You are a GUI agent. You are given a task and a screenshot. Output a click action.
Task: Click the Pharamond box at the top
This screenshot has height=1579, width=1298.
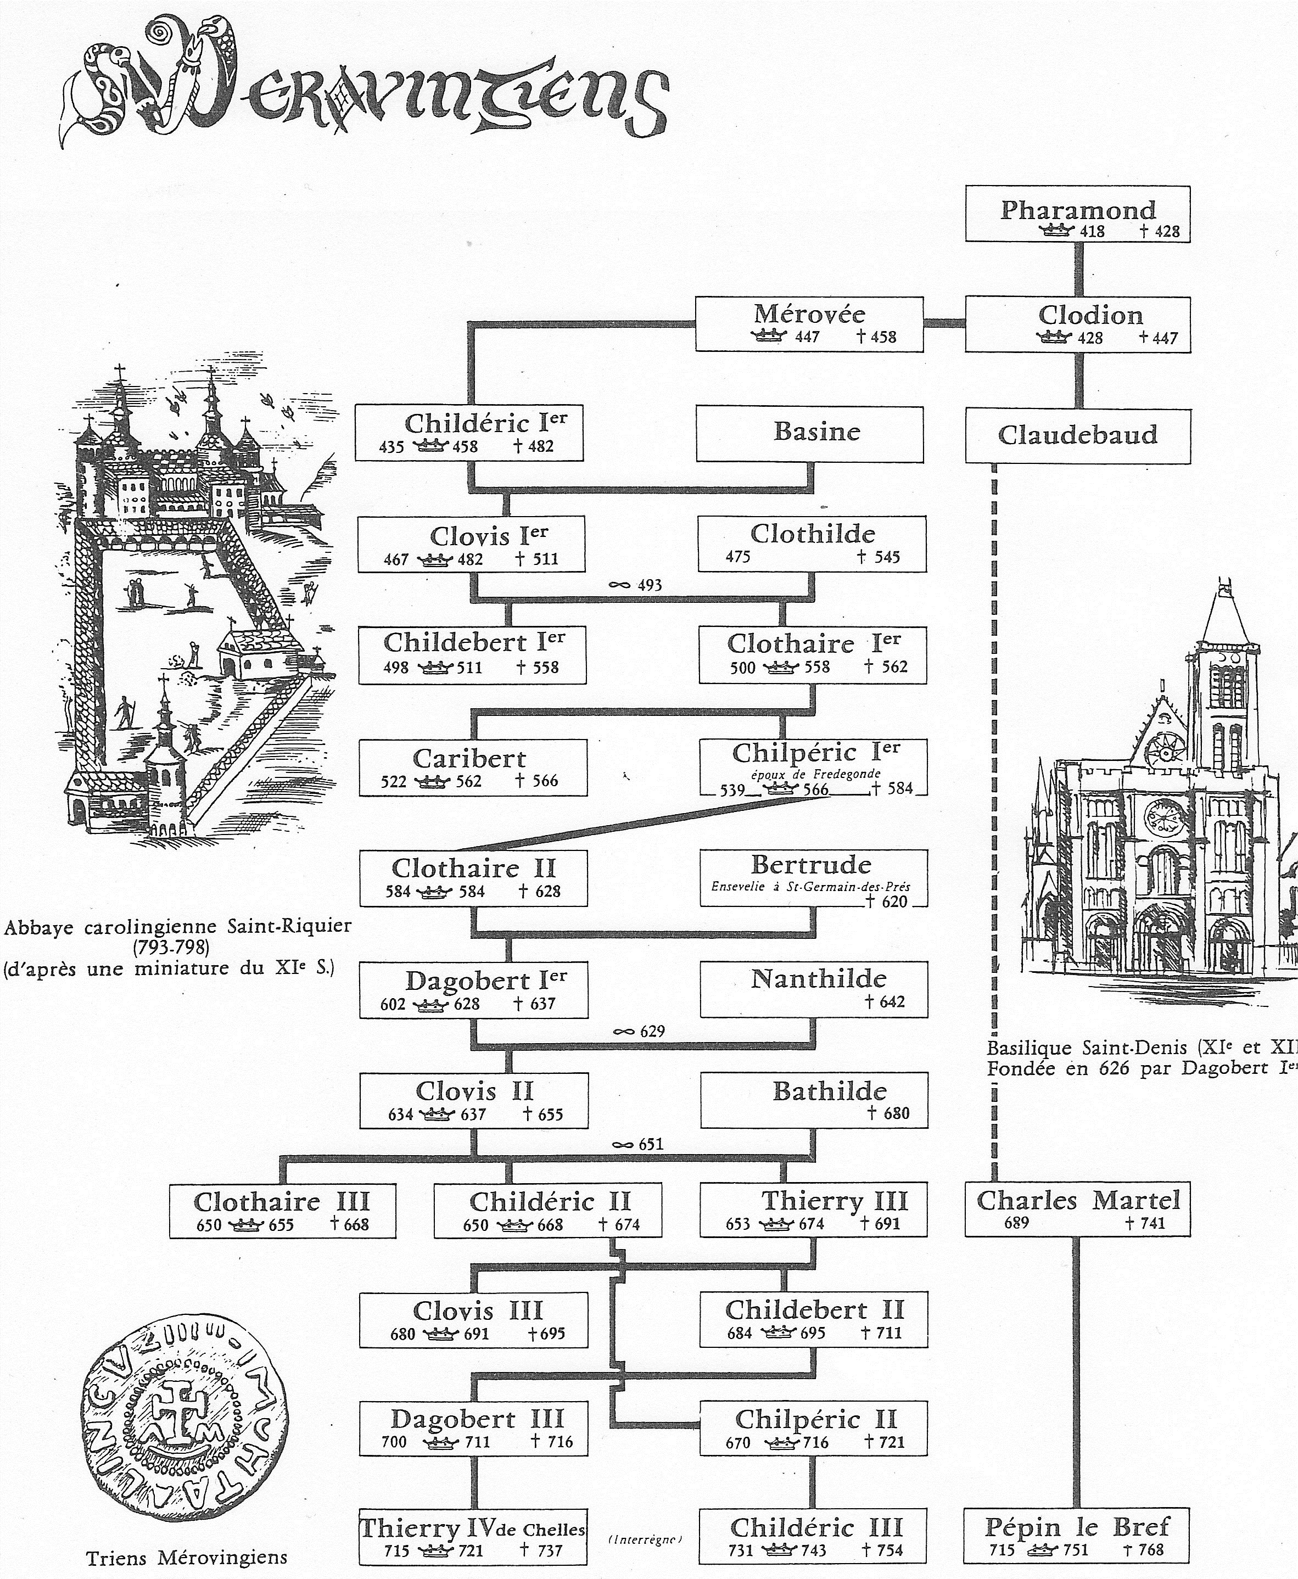(x=1077, y=214)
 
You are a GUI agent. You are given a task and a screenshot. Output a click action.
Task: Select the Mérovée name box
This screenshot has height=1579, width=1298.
(x=809, y=324)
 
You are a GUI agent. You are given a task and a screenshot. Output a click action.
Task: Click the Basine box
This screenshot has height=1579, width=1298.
(x=810, y=434)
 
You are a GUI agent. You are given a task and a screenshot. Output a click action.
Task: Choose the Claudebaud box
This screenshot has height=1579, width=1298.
(x=1077, y=436)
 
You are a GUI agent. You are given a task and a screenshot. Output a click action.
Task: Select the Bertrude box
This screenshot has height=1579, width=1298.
(x=814, y=878)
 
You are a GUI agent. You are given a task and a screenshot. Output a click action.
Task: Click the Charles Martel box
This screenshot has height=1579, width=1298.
(x=1077, y=1209)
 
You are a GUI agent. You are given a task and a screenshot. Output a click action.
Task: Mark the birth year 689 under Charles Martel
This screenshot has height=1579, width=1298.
(x=1017, y=1223)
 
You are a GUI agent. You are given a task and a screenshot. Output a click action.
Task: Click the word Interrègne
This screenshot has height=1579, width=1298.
(x=645, y=1540)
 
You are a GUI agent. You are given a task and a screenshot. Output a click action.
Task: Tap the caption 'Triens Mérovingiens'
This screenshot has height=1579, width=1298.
(x=186, y=1558)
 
